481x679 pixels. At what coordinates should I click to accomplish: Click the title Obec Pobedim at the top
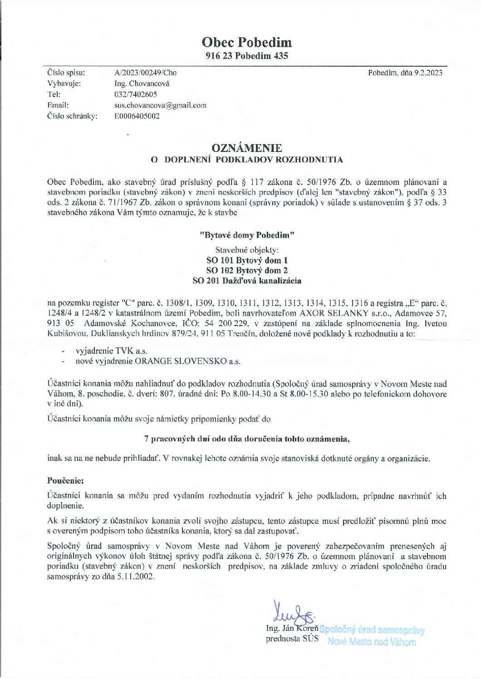pos(246,42)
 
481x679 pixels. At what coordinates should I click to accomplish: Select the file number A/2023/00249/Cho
pos(146,73)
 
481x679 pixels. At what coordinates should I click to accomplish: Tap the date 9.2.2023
pos(428,73)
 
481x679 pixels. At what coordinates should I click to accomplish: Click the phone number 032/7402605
pos(136,94)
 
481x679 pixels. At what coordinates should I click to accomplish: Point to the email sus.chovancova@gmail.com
pos(160,105)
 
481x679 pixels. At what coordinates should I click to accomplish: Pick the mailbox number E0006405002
pos(137,116)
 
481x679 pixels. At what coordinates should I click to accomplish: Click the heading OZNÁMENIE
pos(246,148)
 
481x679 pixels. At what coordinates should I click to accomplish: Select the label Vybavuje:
pos(64,83)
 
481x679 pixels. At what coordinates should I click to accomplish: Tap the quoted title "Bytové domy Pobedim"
pos(247,235)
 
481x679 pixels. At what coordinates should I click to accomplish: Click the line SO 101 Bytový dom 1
pos(247,260)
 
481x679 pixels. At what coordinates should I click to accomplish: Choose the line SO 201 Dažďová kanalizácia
pos(247,280)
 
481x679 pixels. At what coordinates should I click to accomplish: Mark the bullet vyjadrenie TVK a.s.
pos(112,351)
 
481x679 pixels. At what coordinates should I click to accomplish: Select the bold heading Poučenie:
pos(65,480)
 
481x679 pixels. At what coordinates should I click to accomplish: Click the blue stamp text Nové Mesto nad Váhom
pos(371,642)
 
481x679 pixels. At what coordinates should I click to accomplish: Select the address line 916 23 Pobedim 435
pos(246,56)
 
